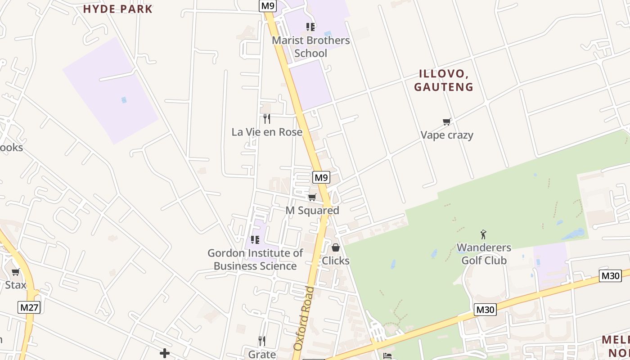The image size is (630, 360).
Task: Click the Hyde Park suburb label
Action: pos(118,9)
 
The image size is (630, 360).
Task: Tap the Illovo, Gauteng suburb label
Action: pos(444,81)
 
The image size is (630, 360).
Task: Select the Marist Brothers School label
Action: pos(311,47)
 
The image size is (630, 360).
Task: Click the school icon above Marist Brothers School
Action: pos(310,27)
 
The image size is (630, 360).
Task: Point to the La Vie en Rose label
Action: pos(267,132)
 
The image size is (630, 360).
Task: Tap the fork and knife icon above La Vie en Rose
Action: pos(267,119)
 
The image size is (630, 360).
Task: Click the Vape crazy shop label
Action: pos(447,135)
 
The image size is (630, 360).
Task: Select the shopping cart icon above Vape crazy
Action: pos(446,121)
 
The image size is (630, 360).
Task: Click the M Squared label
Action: pos(312,211)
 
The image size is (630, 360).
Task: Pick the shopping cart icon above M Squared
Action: pos(312,197)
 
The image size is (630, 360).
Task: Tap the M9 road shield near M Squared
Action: pos(321,177)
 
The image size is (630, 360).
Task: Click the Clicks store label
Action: pos(336,261)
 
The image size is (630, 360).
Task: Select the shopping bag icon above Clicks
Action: pos(336,247)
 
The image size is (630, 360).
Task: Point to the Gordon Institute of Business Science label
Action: pos(255,260)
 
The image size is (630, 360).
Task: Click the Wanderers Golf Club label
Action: pos(484,254)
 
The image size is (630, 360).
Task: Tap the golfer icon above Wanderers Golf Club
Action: pos(484,234)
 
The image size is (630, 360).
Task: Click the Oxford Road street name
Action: pos(304,318)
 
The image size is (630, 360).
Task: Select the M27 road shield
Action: pos(29,308)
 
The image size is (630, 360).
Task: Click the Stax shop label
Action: pos(16,285)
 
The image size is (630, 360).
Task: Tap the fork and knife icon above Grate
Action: pos(262,341)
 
